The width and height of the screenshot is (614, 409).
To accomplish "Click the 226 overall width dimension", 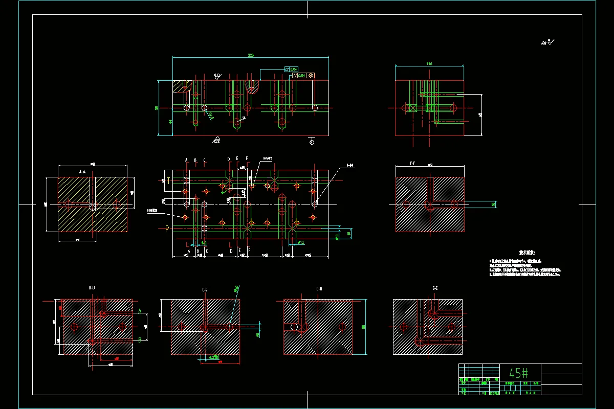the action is (251, 55).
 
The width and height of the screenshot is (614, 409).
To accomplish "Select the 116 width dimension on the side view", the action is (429, 64).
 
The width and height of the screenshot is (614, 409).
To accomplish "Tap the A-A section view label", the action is (82, 172).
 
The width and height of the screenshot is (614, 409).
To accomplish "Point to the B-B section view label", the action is (92, 288).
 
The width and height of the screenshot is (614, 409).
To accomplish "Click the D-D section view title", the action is (319, 289).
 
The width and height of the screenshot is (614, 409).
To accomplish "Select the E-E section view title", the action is (435, 289).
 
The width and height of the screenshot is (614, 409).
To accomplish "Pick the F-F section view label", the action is (412, 164).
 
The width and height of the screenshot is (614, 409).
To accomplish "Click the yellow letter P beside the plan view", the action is (167, 229).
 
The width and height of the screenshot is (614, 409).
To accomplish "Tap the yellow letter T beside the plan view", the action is (168, 180).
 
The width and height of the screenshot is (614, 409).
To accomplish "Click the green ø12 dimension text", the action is (301, 242).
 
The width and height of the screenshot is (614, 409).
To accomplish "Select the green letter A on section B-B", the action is (139, 311).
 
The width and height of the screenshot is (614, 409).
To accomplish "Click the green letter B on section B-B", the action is (139, 340).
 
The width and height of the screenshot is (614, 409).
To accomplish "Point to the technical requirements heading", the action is (527, 253).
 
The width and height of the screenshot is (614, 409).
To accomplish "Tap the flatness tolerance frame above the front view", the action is (291, 69).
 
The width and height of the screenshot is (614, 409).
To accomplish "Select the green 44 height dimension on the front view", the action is (156, 121).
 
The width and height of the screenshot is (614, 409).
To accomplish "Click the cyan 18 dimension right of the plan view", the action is (349, 233).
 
